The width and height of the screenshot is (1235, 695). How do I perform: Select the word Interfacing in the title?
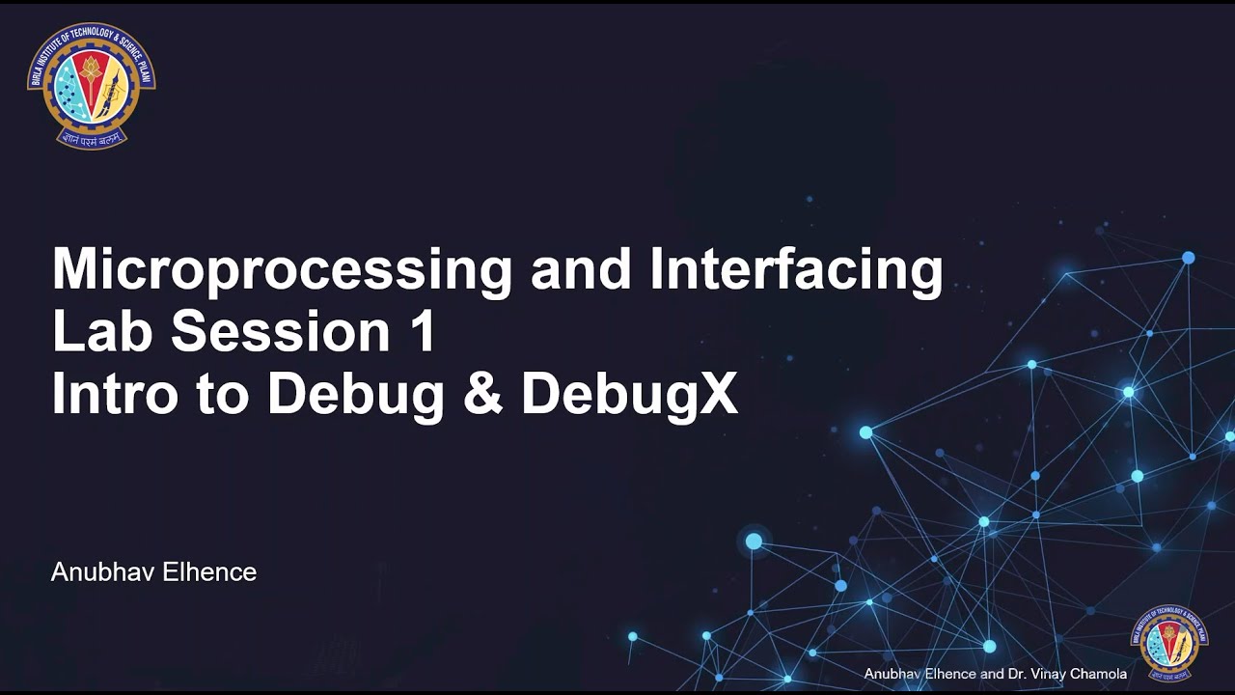point(796,270)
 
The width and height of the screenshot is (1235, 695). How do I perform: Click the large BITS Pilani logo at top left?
point(92,86)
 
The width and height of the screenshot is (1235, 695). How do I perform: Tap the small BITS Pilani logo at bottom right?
point(1168,642)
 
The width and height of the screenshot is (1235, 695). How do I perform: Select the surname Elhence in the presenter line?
point(209,572)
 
